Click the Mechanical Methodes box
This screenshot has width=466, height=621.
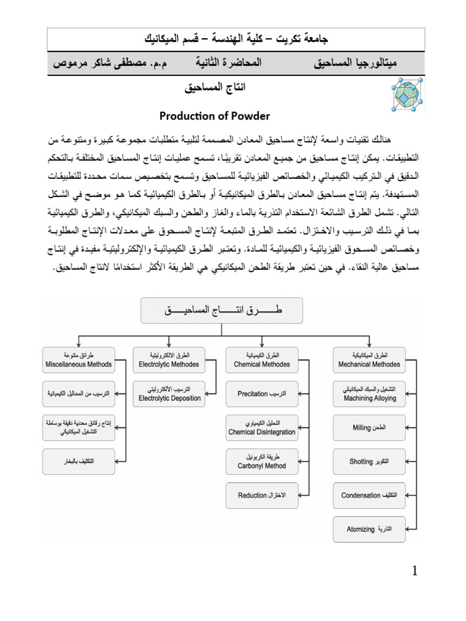(369, 359)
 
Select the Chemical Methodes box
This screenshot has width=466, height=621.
(262, 359)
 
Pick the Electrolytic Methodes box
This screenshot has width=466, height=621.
(168, 359)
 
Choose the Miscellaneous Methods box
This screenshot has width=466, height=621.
(78, 359)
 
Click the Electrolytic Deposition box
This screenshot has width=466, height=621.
(168, 394)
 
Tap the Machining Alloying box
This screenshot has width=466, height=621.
(369, 394)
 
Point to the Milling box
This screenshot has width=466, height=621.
(369, 428)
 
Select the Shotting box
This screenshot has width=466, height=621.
(369, 462)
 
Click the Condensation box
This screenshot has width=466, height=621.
(369, 495)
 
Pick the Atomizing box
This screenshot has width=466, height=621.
(369, 529)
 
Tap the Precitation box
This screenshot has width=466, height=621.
(262, 394)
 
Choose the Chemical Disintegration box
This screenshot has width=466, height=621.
(262, 428)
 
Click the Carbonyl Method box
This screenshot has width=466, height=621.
(262, 462)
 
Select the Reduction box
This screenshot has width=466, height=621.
(262, 495)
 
